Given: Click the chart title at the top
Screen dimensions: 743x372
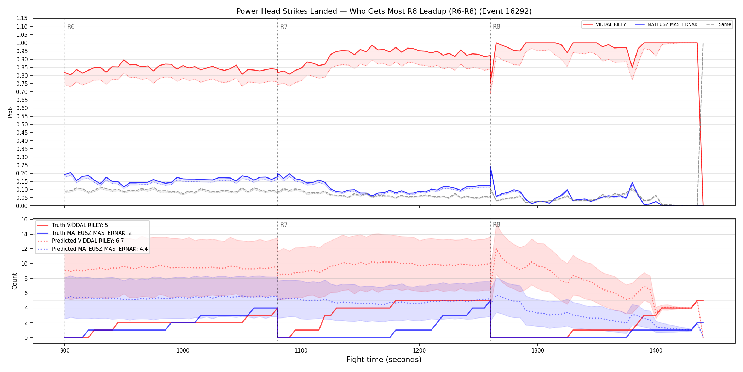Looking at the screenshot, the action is [x=384, y=11].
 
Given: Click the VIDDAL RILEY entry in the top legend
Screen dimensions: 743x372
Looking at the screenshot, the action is [x=605, y=24].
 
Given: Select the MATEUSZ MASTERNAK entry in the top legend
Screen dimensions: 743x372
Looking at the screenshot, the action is [x=666, y=24].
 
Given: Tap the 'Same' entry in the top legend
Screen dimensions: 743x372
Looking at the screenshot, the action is [x=719, y=24].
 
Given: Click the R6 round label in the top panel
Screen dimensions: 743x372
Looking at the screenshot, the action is [x=71, y=27].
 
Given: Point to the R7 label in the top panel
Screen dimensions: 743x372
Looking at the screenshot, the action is [x=284, y=27].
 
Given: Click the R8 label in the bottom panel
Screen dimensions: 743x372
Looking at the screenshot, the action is [x=496, y=225].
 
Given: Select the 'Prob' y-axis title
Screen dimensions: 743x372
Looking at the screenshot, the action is [x=10, y=112].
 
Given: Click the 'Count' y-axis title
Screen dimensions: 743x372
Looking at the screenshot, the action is [x=15, y=281].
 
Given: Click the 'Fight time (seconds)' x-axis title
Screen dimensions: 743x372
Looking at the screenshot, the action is [x=384, y=360].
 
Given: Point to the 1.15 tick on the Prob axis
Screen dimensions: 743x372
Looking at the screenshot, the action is [x=22, y=18].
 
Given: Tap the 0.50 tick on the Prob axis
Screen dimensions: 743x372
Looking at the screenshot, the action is [x=22, y=124].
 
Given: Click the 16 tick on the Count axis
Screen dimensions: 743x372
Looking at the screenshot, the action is [x=24, y=220].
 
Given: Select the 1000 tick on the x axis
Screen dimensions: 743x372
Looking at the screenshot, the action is [x=183, y=351].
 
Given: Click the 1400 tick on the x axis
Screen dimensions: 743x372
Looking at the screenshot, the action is [x=656, y=351].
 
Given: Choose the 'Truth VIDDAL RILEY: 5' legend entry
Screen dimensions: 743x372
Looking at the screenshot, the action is [x=80, y=225].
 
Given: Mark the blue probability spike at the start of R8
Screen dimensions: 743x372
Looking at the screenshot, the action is [x=490, y=167].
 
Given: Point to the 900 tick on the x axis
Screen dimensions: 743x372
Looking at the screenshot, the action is [x=65, y=351].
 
